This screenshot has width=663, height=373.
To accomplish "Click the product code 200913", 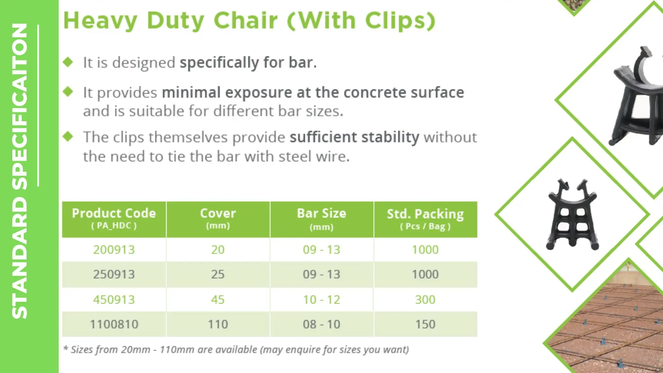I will click(114, 250).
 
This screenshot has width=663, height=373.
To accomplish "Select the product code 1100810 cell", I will click(114, 324).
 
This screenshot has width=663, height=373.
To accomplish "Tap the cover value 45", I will click(218, 299).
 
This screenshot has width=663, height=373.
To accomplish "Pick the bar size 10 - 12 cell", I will click(321, 299).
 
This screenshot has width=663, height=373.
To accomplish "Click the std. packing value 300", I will click(425, 299).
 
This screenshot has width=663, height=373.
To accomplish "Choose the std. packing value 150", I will click(425, 324).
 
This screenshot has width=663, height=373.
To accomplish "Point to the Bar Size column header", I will click(321, 219).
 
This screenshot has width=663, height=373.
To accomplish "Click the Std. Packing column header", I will click(425, 219).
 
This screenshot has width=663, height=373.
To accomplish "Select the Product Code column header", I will click(114, 219).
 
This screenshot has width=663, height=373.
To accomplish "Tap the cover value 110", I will click(218, 324).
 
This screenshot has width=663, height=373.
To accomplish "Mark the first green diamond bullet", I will click(68, 62).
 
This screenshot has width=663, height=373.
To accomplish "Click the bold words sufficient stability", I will click(354, 137).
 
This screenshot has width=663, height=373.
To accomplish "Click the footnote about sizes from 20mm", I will click(236, 350).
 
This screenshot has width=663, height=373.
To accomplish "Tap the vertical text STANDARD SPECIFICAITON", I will click(20, 171).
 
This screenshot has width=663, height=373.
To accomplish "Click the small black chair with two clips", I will click(573, 214).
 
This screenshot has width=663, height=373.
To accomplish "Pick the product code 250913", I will click(114, 275).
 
